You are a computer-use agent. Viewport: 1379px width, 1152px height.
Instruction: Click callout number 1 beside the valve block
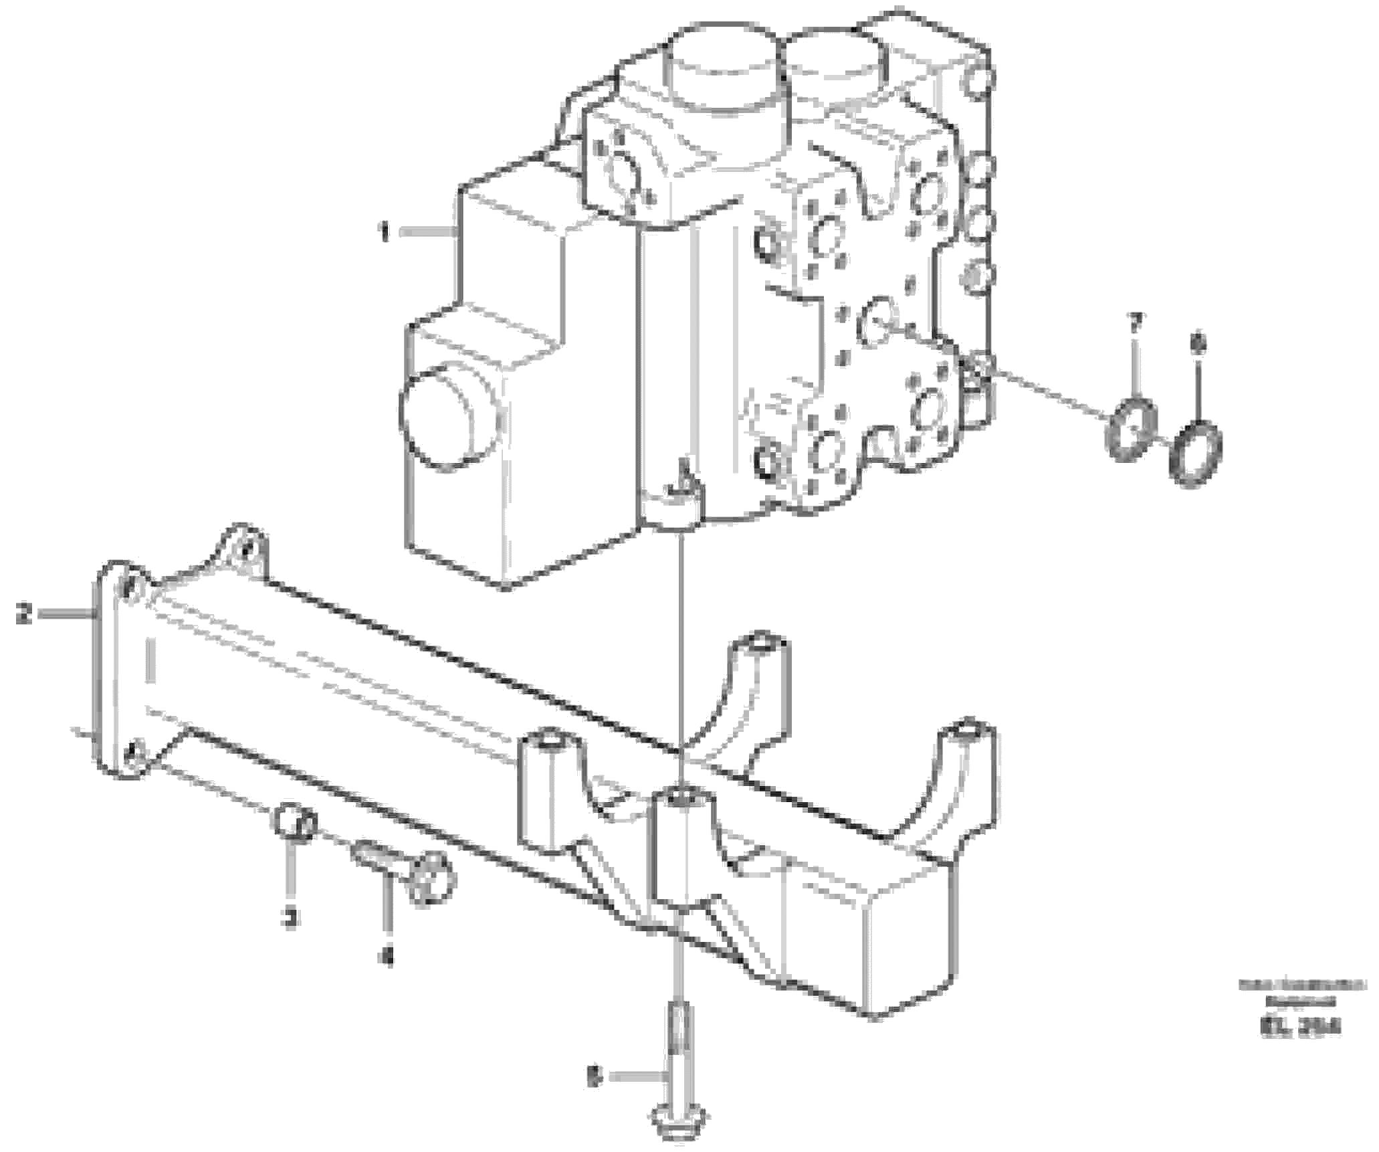[385, 233]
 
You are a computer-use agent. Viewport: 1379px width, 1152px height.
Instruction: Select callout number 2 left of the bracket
[24, 613]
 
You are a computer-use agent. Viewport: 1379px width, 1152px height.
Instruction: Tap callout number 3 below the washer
[289, 919]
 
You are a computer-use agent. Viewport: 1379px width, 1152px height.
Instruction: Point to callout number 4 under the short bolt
[386, 957]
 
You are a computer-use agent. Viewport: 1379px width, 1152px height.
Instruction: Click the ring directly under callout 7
[1130, 429]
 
